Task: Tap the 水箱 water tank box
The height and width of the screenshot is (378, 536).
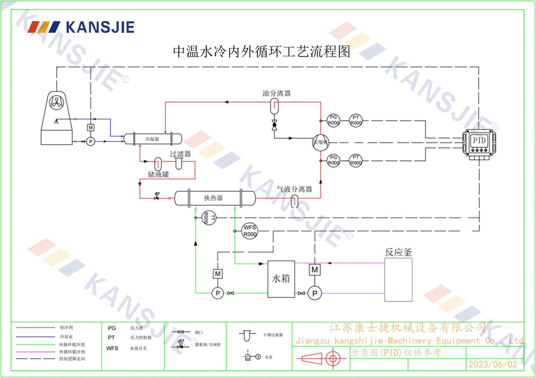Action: coord(281,279)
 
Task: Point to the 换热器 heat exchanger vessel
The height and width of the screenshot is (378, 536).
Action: coord(213,198)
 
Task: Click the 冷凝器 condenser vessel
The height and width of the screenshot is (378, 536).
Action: coord(153,139)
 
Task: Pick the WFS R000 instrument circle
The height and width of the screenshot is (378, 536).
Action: coord(250,231)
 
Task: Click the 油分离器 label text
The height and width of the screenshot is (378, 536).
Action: coord(277,93)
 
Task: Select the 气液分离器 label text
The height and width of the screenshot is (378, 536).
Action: coord(294,189)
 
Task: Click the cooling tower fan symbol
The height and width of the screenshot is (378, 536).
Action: coord(56,102)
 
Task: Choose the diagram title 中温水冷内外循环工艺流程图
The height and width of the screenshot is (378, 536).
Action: coord(261,52)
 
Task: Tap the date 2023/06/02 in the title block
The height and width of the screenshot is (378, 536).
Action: coord(493,364)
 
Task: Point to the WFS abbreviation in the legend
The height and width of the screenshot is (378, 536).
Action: coord(112,348)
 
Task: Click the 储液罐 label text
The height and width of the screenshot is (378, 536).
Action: coord(159,174)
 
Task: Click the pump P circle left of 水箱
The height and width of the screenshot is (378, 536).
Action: coord(218,292)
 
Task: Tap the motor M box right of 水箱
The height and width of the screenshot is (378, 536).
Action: coord(315,270)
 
